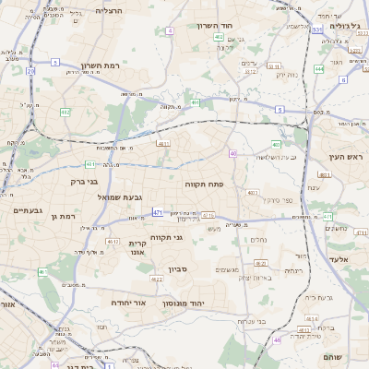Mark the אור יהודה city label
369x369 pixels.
click(x=128, y=303)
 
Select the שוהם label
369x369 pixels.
click(x=333, y=356)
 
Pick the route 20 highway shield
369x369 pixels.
click(x=30, y=70)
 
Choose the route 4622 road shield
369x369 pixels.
click(x=157, y=279)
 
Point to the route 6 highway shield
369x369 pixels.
click(x=342, y=79)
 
